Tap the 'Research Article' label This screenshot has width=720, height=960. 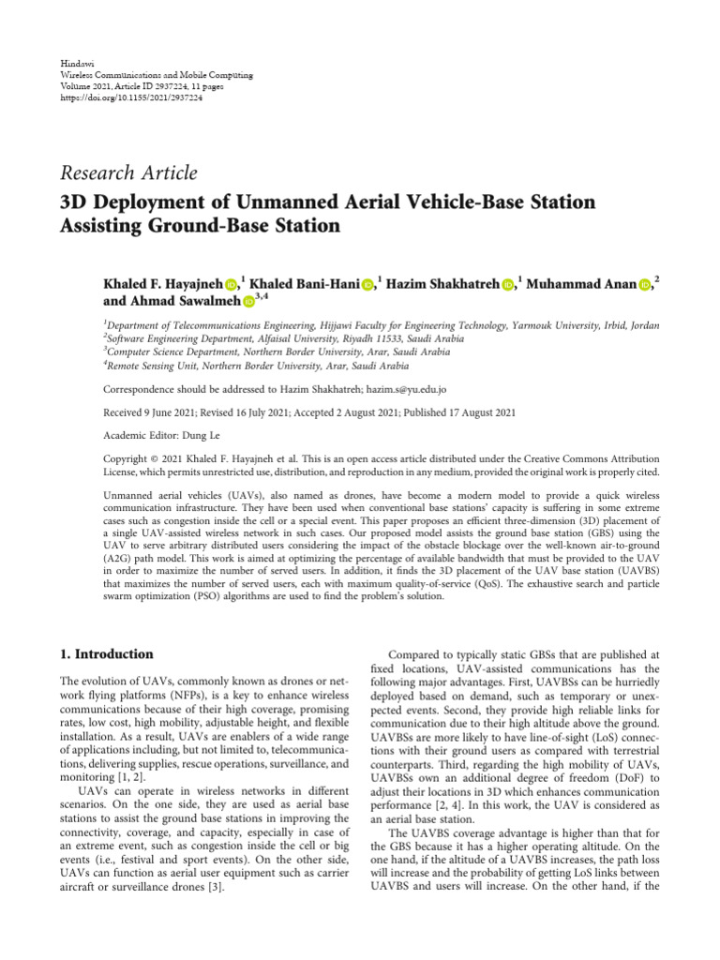(x=128, y=172)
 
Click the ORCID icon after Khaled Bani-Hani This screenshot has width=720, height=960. (x=367, y=285)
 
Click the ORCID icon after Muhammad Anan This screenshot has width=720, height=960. (x=644, y=285)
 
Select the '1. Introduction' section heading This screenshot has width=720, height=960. (x=106, y=653)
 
